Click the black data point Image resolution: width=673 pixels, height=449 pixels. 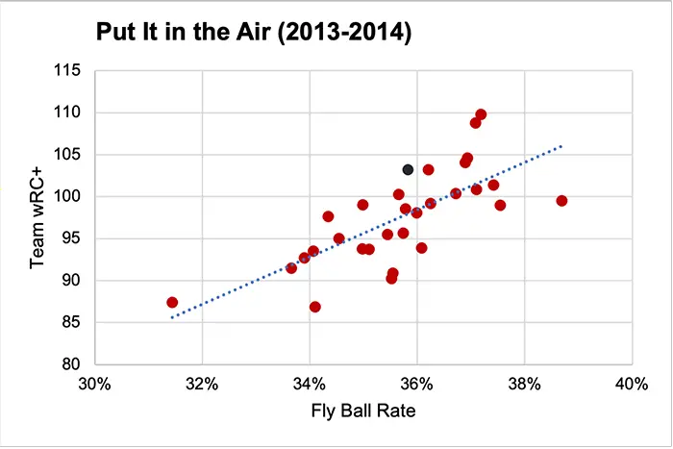point(408,169)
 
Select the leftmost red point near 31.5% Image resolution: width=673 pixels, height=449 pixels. point(172,303)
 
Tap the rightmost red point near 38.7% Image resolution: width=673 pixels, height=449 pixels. point(561,201)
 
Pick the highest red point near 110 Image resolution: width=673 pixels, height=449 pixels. point(481,114)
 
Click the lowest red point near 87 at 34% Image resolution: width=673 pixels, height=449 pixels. point(314,308)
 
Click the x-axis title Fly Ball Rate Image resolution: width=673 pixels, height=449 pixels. point(361,413)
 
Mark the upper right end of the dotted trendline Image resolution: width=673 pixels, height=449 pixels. point(561,146)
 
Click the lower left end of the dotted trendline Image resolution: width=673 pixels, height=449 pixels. point(171,317)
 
